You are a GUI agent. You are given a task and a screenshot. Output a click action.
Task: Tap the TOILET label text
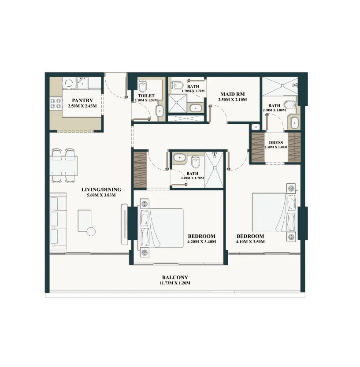tap(145, 95)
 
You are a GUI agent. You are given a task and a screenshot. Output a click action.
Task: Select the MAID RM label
tap(232, 94)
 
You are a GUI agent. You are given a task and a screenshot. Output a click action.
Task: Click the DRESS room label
tap(275, 143)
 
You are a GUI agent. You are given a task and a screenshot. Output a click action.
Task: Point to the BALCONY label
tap(175, 277)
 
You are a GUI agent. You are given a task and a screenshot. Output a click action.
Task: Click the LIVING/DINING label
tap(101, 190)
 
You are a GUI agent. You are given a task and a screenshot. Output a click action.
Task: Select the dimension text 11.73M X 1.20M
tap(175, 283)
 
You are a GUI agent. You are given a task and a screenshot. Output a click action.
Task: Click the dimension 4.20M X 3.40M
tap(201, 242)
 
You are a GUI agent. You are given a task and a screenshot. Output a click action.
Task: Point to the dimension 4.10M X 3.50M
tap(250, 242)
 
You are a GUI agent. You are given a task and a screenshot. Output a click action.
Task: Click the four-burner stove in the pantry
tap(56, 103)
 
